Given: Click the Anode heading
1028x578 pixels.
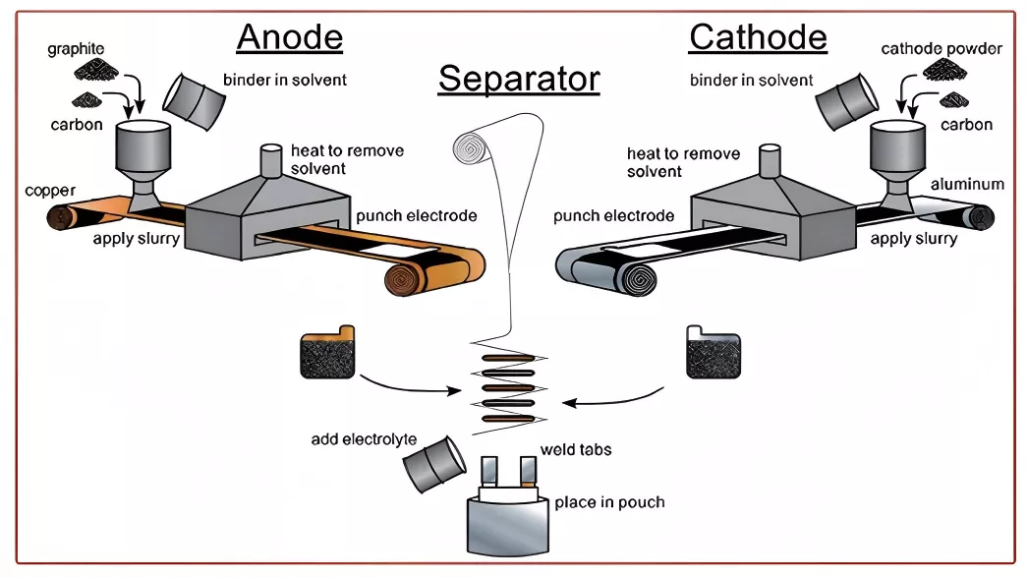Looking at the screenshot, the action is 290,36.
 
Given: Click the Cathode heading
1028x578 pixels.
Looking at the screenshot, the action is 758,36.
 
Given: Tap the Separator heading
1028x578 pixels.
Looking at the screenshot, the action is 519,80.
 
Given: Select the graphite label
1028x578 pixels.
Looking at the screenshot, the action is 76,48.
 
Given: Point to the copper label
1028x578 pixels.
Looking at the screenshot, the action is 50,191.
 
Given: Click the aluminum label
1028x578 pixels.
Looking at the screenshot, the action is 967,185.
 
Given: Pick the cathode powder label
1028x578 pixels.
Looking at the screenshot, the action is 942,48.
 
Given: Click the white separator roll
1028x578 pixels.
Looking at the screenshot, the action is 472,148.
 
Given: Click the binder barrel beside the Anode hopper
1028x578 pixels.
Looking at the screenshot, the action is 194,101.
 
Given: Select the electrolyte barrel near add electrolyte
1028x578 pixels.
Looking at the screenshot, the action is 434,464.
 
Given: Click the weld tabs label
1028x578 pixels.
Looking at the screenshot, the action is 576,450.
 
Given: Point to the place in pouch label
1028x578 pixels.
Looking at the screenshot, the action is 609,502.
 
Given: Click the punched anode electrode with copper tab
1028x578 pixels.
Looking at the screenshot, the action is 327,352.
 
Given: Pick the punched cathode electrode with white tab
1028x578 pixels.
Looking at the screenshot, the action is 714,352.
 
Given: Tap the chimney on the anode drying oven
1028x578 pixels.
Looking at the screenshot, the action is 271,160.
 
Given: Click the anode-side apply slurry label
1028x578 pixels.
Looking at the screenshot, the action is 137,239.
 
